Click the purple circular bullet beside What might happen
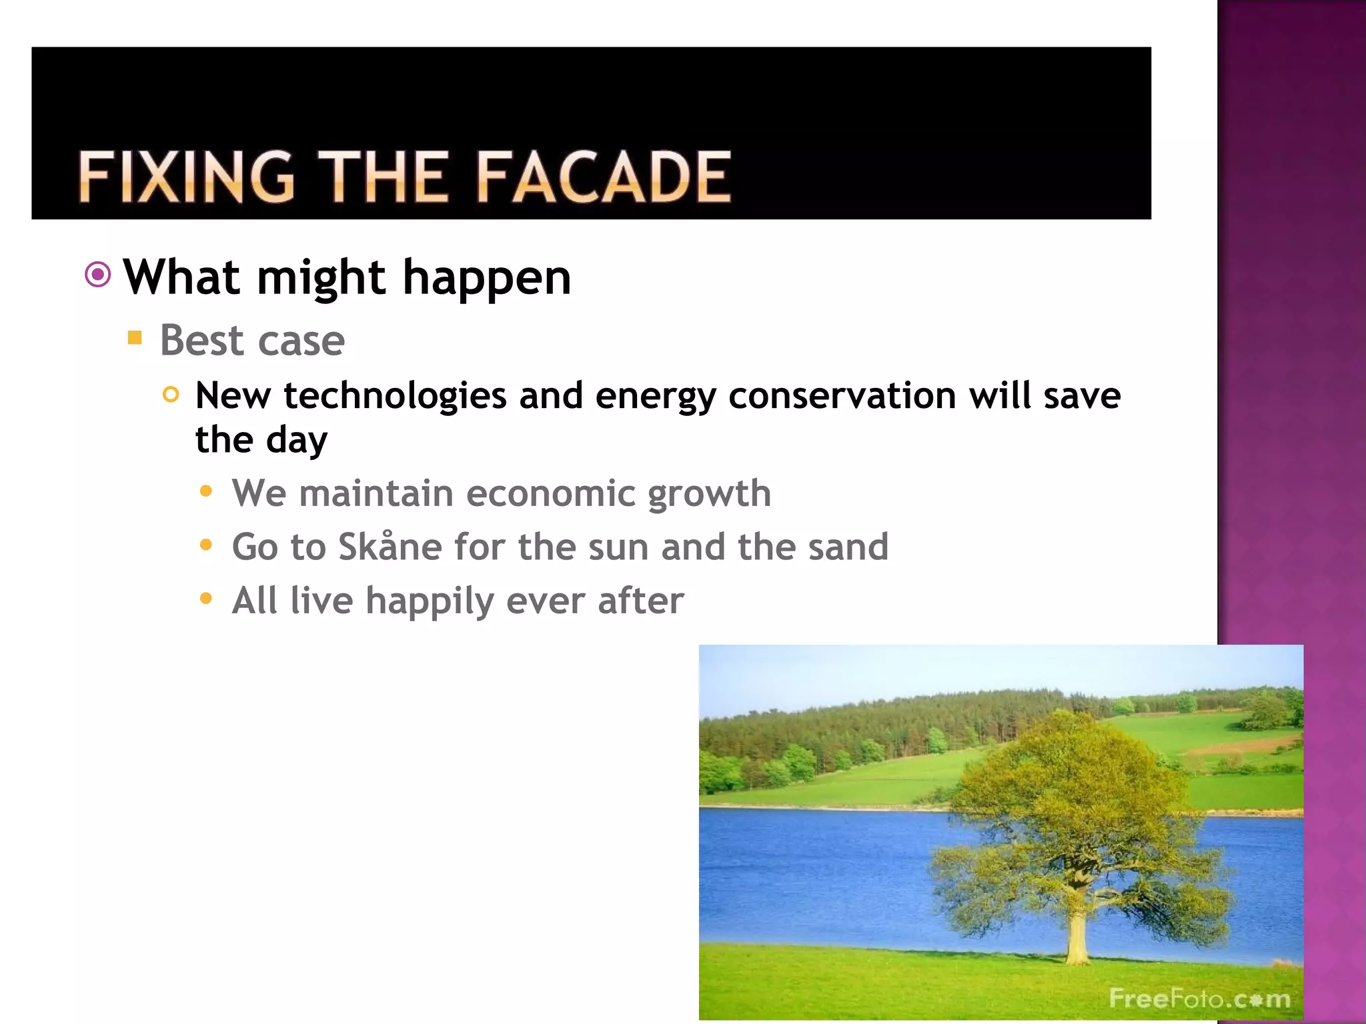coord(98,275)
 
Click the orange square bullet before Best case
coord(135,337)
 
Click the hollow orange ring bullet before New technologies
coord(171,395)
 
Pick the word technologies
coord(395,396)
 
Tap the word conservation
coord(842,396)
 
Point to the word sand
coord(848,547)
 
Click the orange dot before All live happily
coord(206,599)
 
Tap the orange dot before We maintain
coord(206,492)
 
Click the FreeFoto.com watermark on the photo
coord(1199,998)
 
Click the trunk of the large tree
coord(1075,937)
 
